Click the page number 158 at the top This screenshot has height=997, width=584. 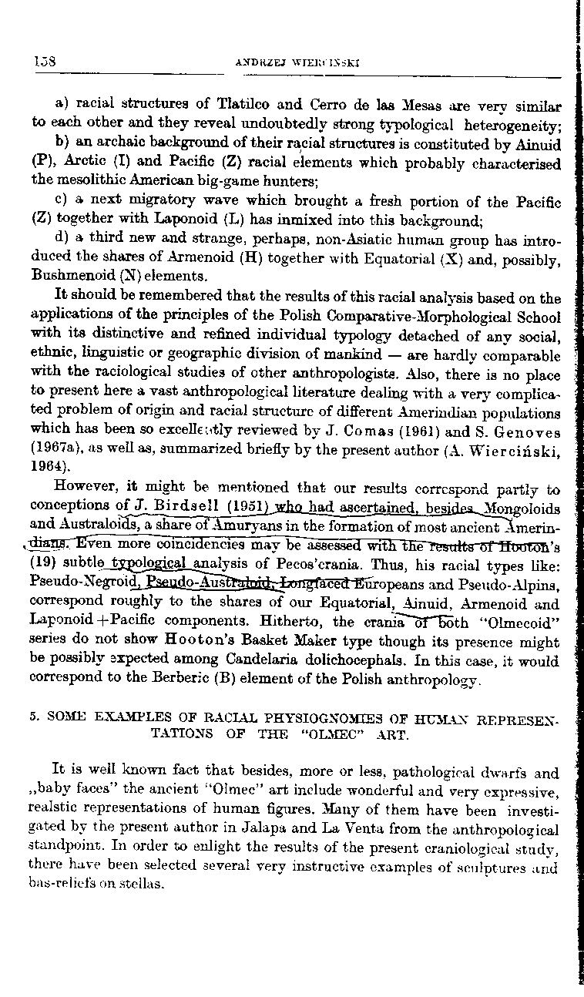click(x=42, y=61)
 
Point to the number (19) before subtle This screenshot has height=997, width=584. click(x=41, y=561)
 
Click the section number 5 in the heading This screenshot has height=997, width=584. click(x=34, y=716)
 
